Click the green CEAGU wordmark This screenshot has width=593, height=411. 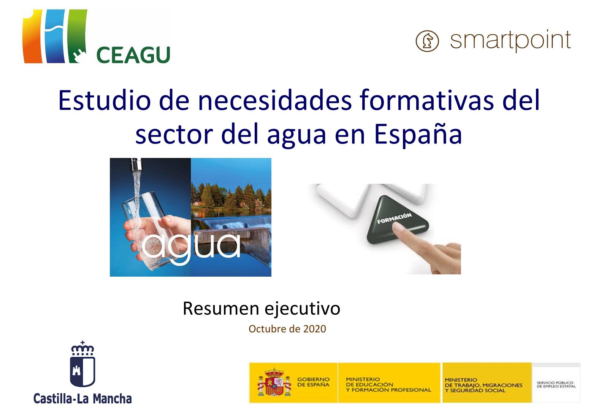point(133,55)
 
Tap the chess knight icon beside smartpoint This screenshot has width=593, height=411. point(427,41)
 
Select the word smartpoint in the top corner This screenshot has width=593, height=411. point(511,41)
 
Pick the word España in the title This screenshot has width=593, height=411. point(418,135)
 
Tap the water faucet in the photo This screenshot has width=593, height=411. point(137,164)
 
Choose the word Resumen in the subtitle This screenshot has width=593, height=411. point(221,309)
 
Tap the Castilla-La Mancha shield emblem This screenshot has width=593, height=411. point(82,364)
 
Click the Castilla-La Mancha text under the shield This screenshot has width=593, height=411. point(82,398)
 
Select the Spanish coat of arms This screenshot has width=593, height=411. point(274,382)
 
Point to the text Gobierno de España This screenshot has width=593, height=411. point(314,382)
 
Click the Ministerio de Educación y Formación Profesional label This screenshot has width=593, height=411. point(388,384)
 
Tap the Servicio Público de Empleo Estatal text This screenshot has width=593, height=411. point(556,384)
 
